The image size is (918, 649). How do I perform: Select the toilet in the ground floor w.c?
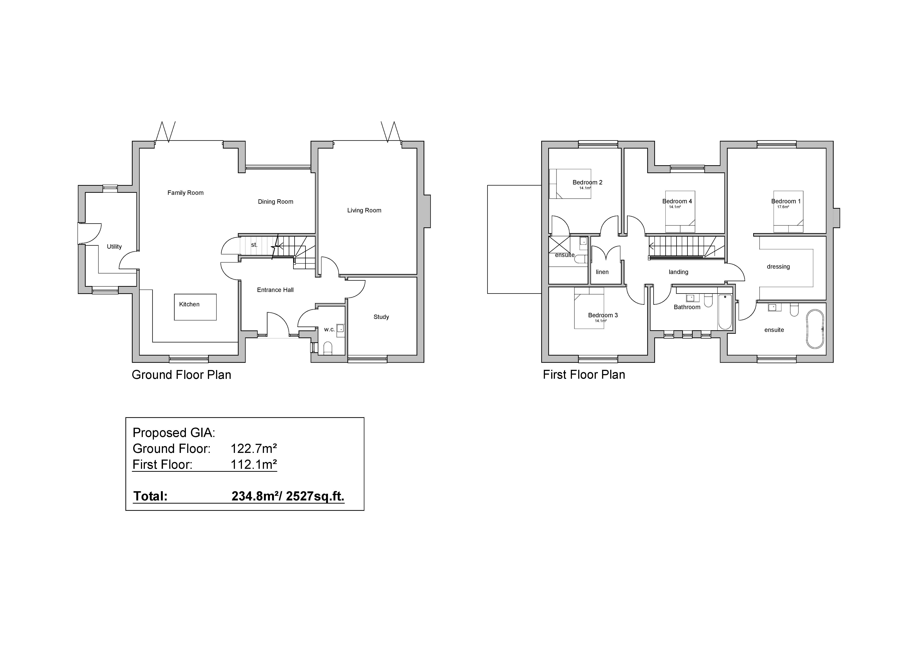point(327,348)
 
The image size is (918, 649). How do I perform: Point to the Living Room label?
point(364,210)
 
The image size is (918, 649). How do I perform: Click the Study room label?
point(381,317)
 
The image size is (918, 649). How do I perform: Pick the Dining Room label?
point(275,201)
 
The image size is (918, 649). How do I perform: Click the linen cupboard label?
point(602,272)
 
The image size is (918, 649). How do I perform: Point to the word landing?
point(678,272)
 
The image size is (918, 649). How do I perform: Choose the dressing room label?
point(778,267)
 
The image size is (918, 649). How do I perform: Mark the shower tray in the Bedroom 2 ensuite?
point(559,245)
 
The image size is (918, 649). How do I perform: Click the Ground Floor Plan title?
point(181,375)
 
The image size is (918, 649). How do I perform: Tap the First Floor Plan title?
point(584,375)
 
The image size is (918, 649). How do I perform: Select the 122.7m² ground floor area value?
point(253,449)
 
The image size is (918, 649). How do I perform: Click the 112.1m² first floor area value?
point(253,464)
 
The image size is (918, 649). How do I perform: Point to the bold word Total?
point(150,496)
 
